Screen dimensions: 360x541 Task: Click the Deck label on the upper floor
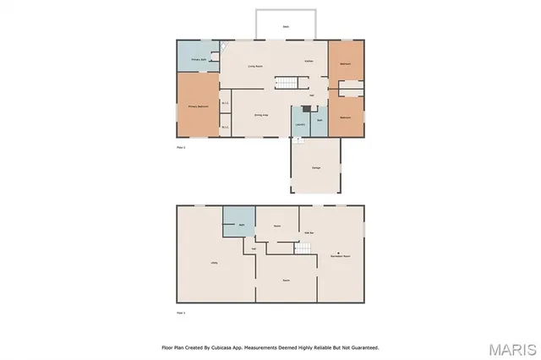[x=286, y=26]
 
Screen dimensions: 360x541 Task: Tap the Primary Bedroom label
[x=198, y=106]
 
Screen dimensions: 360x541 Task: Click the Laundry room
[x=300, y=123]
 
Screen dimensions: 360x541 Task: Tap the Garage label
[x=315, y=167]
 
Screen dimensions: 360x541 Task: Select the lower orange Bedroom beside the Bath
[x=346, y=116]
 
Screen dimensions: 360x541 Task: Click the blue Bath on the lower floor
[x=240, y=224]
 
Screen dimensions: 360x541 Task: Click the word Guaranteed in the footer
[x=360, y=346]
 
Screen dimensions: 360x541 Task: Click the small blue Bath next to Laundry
[x=320, y=122]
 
